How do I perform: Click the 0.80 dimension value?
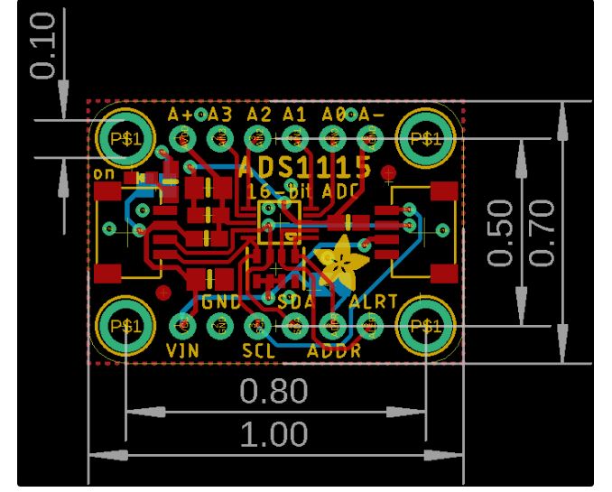tap(274, 392)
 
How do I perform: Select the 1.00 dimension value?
tap(274, 434)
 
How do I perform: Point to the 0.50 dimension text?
tap(502, 233)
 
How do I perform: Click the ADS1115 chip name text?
tap(306, 166)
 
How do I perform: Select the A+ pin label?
tap(181, 116)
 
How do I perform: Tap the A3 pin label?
tap(219, 116)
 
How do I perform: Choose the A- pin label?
tap(370, 116)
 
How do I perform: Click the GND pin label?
tap(221, 302)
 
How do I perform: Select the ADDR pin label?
tap(334, 350)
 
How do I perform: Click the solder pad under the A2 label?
tap(258, 139)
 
